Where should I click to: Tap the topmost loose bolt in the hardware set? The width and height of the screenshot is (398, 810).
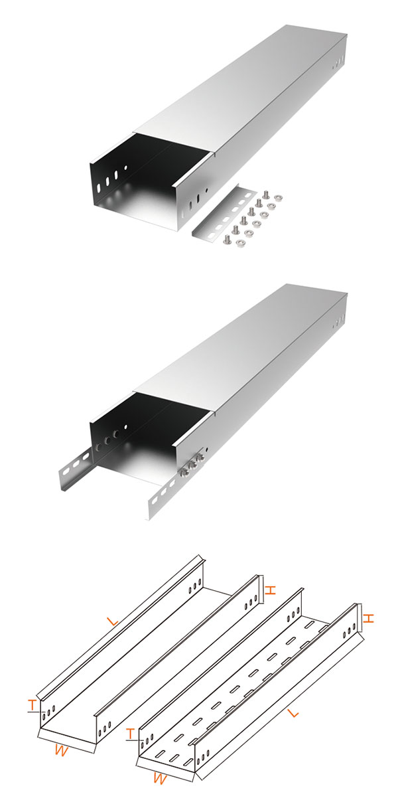click(267, 195)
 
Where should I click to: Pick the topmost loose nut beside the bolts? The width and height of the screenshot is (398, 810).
click(278, 198)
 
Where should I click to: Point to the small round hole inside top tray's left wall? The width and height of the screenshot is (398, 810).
click(125, 167)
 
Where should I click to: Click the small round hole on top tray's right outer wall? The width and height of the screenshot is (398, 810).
click(206, 190)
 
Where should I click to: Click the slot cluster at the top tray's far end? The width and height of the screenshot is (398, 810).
click(338, 62)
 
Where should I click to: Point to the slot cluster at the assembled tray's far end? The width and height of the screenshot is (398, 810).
click(338, 322)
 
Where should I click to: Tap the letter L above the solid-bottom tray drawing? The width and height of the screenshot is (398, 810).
click(113, 621)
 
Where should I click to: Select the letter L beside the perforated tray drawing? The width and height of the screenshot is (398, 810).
click(294, 719)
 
